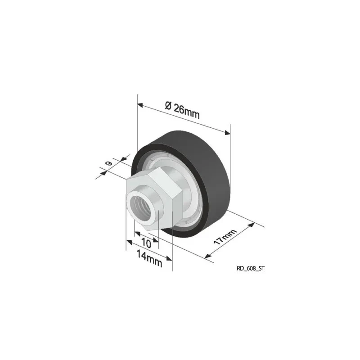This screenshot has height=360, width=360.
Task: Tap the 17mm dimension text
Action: pos(225,237)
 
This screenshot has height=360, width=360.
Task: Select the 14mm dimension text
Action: pos(149,258)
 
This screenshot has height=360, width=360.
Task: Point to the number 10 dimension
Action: pos(146,243)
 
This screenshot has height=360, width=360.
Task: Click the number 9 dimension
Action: pos(108,163)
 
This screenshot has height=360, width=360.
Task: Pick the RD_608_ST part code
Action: pos(251,268)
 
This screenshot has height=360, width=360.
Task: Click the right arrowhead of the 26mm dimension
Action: pos(227,132)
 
